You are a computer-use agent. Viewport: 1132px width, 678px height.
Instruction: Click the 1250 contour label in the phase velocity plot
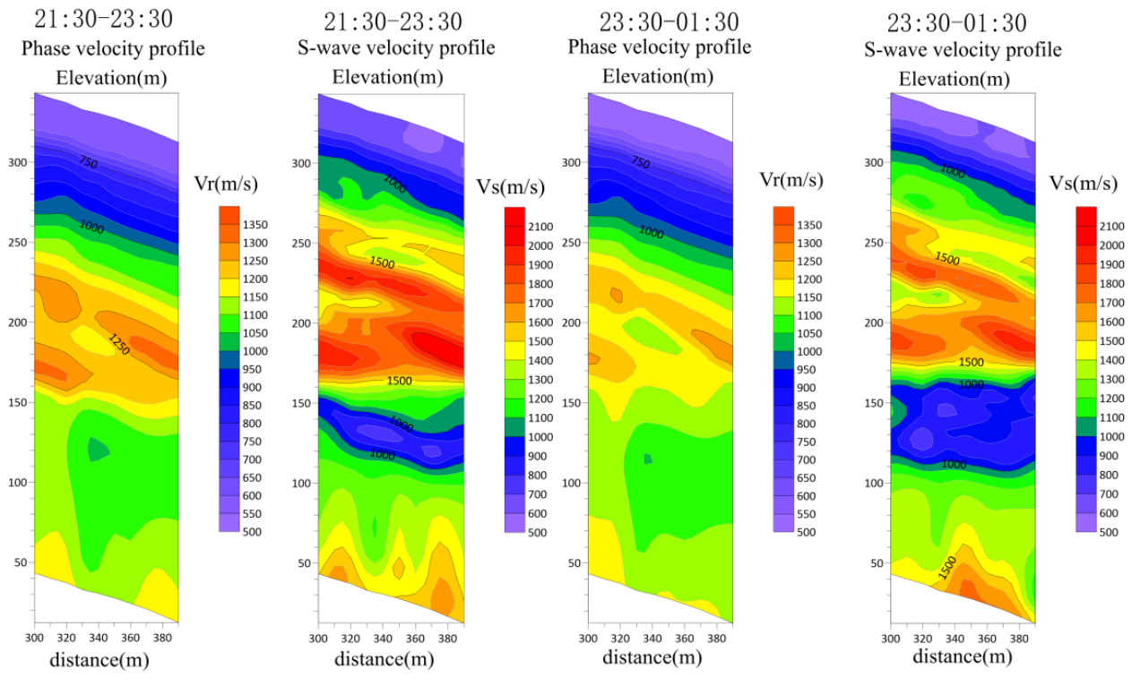[x=119, y=344]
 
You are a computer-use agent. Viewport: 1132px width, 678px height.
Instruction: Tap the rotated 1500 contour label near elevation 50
[x=947, y=568]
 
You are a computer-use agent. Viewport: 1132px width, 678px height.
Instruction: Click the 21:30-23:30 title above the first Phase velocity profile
[x=104, y=19]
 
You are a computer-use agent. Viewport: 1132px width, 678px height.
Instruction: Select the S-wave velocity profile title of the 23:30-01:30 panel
[x=963, y=49]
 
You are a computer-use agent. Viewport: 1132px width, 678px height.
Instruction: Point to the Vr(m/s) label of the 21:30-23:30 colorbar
[x=226, y=184]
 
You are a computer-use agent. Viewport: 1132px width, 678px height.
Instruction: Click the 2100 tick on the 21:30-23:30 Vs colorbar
[x=540, y=227]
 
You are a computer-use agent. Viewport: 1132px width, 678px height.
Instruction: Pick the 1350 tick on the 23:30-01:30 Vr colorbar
[x=809, y=225]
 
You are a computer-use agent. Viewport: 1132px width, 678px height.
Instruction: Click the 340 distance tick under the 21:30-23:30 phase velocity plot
[x=98, y=638]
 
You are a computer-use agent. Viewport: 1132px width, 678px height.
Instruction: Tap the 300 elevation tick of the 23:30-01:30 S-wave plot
[x=873, y=162]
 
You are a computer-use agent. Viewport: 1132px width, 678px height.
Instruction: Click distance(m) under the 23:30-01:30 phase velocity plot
[x=652, y=657]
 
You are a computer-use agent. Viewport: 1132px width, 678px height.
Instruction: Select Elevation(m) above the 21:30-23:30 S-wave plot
[x=387, y=77]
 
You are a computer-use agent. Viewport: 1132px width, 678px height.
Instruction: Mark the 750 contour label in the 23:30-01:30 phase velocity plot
[x=640, y=162]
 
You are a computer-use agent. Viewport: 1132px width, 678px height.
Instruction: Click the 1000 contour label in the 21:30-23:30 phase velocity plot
[x=91, y=227]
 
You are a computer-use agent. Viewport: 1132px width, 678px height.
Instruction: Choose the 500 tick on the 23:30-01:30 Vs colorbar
[x=1110, y=532]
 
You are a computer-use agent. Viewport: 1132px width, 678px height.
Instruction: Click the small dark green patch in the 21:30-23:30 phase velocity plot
[x=98, y=449]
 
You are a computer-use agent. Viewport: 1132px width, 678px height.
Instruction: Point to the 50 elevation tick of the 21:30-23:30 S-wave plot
[x=304, y=562]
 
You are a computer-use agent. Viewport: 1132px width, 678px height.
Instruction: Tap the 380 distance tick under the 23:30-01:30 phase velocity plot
[x=717, y=638]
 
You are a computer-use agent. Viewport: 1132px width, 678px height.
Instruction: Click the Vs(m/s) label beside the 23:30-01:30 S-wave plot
[x=1084, y=183]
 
